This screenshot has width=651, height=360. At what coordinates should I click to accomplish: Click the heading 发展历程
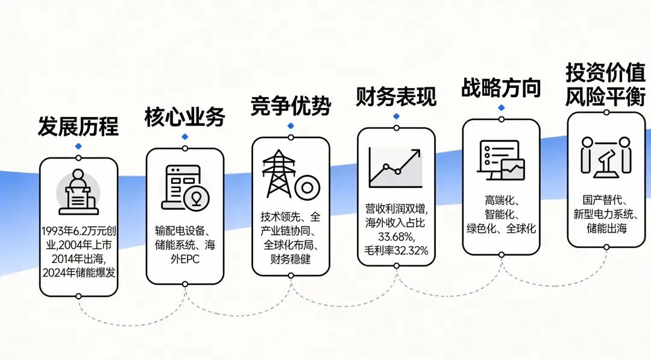(x=78, y=127)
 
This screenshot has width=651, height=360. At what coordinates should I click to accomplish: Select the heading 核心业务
(x=184, y=117)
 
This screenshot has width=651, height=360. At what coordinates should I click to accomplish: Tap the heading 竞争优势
(x=291, y=107)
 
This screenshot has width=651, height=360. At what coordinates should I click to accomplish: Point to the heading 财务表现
(x=396, y=96)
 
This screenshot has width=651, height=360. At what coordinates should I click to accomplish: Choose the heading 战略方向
(x=501, y=87)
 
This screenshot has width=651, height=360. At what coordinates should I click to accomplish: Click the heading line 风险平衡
(x=605, y=97)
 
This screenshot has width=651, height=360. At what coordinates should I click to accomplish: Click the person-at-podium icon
(x=78, y=192)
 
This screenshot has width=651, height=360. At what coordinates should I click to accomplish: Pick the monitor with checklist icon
(x=501, y=160)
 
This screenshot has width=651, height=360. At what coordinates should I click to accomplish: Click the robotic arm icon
(x=605, y=157)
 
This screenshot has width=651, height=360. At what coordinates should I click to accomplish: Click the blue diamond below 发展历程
(x=78, y=147)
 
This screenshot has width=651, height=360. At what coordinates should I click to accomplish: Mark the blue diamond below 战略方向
(x=501, y=107)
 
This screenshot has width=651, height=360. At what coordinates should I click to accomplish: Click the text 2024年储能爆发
(x=78, y=273)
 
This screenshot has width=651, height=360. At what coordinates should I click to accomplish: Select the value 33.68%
(x=396, y=236)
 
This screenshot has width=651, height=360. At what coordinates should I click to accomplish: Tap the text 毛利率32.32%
(x=396, y=249)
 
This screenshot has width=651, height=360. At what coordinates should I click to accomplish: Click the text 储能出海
(x=606, y=229)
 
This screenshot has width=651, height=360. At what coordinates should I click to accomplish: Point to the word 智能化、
(x=501, y=215)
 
